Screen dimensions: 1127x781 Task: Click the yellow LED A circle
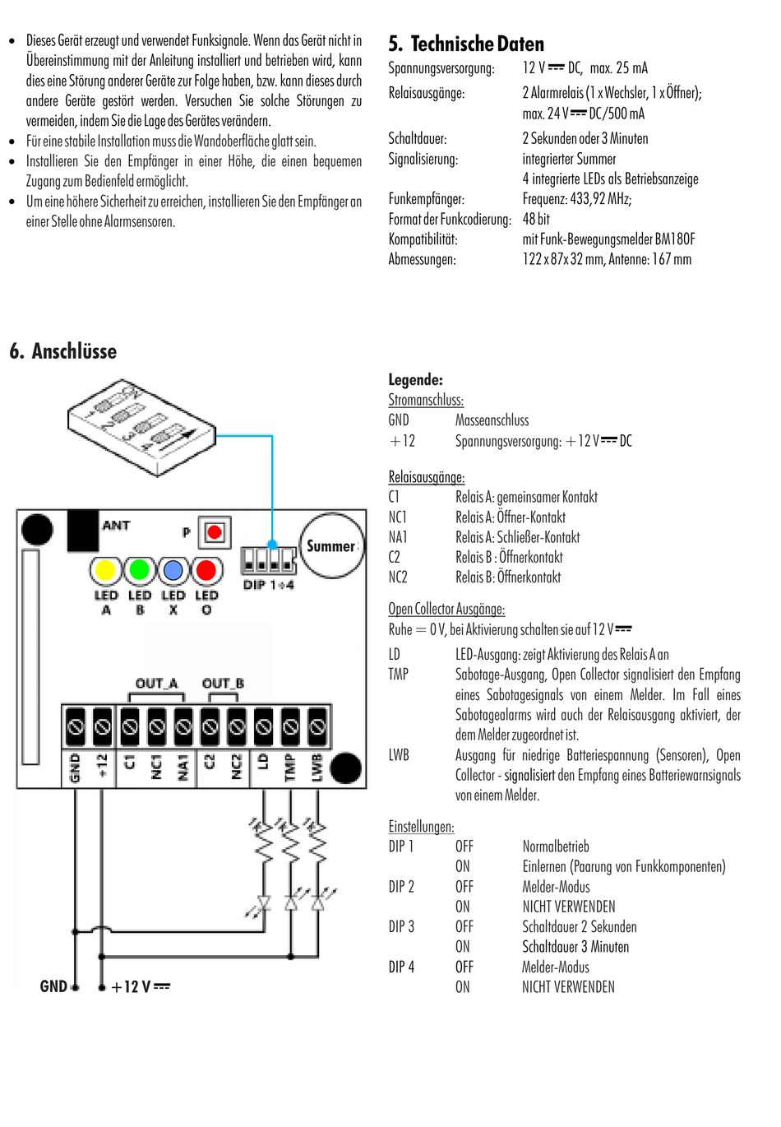point(105,570)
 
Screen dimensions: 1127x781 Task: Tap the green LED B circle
point(140,570)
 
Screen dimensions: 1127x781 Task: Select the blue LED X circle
point(173,570)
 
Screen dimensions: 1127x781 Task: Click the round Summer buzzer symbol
point(331,545)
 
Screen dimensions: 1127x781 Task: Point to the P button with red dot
point(215,532)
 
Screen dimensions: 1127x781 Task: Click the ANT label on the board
point(116,525)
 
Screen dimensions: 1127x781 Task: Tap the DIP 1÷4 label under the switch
point(268,585)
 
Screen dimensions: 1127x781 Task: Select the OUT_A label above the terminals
point(156,683)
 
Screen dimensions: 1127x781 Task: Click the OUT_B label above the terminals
point(223,683)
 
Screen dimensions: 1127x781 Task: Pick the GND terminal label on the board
point(76,767)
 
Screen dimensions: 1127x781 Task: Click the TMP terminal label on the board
point(289,767)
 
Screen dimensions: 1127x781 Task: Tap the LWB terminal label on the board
point(317,767)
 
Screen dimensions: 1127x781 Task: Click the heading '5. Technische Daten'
point(466,44)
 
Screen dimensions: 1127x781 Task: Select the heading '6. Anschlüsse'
point(63,351)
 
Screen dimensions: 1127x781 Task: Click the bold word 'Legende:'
point(415,379)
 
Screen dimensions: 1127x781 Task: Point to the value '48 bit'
point(536,219)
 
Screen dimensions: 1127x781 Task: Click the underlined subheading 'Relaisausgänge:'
point(426,477)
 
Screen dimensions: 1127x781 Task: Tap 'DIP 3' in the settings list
point(401,926)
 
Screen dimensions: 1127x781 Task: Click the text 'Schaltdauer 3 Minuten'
point(575,947)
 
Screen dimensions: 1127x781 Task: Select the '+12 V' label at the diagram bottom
point(140,986)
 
